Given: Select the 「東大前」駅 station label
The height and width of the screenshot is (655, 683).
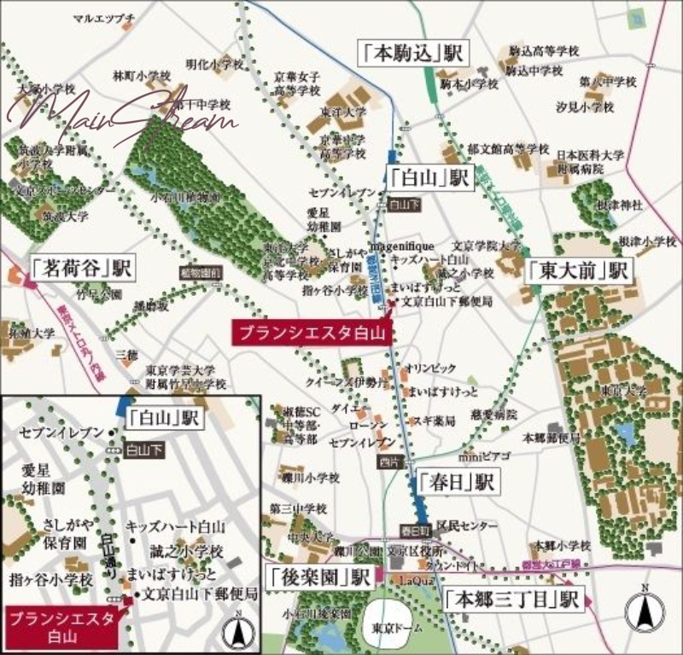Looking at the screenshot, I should coord(576,271).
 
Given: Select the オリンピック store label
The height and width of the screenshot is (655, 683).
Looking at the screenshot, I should coord(430,368).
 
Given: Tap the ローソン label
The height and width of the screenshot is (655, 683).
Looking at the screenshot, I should coord(368,425).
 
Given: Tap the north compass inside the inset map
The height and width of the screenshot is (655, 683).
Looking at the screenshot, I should coord(239,631).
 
